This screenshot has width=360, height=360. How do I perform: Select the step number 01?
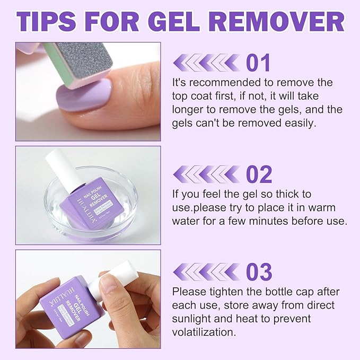(x=258, y=63)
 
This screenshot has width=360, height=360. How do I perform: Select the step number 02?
(x=259, y=174)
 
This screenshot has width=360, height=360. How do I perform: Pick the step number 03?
(x=259, y=272)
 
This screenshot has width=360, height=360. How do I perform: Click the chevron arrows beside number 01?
(x=207, y=63)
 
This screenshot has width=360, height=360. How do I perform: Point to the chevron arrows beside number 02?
(x=207, y=174)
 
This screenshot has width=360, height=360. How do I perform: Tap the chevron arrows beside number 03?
(x=207, y=272)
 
